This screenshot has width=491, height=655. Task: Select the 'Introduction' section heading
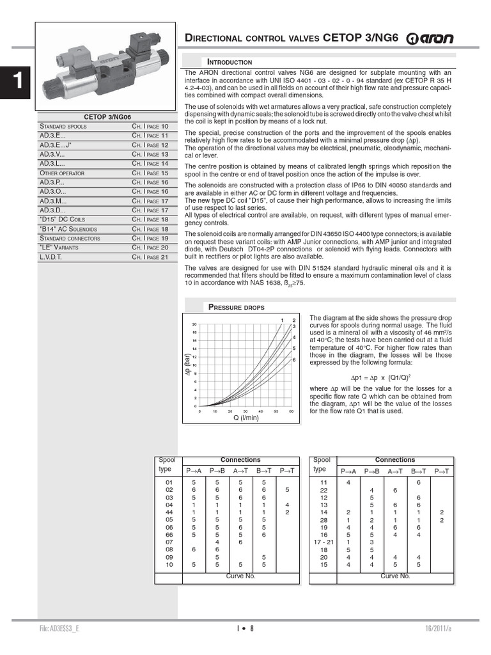[x=228, y=61]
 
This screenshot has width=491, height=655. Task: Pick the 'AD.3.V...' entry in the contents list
[x=52, y=154]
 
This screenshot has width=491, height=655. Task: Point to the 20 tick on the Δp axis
[x=194, y=324]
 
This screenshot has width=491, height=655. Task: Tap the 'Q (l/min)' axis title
[x=245, y=418]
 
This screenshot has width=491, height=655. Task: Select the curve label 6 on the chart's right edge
[x=294, y=360]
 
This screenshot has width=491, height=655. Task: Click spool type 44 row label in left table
[x=169, y=512]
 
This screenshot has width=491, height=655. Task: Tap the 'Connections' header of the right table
[x=394, y=460]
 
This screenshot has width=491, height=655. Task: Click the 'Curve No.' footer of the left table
[x=240, y=576]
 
